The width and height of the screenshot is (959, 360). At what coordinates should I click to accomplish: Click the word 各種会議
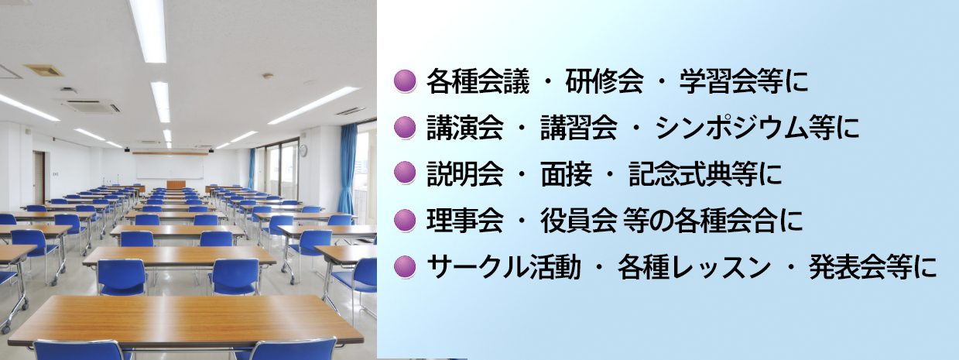[478, 81]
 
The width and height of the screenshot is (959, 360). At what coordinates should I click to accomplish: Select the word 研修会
[604, 81]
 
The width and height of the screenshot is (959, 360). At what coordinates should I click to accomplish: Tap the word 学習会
[718, 81]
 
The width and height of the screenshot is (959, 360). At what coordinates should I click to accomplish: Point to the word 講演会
[465, 127]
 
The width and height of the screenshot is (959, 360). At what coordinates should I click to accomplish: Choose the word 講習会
[579, 127]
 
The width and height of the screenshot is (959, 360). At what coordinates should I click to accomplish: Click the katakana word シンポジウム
[731, 127]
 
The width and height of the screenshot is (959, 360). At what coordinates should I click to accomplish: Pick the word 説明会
[465, 173]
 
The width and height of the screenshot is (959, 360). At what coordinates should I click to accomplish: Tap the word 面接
[567, 173]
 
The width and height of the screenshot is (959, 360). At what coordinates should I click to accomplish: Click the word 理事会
[465, 221]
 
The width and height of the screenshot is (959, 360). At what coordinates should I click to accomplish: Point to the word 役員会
[579, 221]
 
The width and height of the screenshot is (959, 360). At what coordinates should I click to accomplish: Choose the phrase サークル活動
[503, 266]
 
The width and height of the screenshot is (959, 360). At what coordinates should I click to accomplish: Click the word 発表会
[848, 266]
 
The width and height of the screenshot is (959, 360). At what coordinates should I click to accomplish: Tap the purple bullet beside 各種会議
[405, 81]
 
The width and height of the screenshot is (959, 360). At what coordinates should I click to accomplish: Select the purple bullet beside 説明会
[405, 173]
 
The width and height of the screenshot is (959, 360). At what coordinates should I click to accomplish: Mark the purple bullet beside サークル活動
[405, 266]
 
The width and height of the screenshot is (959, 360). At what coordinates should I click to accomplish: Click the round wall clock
[303, 151]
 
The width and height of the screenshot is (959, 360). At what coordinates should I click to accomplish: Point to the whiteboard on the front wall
[170, 167]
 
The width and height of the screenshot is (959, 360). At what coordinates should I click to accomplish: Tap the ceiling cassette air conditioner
[91, 106]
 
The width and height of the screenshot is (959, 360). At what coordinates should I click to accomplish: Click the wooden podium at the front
[176, 185]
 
